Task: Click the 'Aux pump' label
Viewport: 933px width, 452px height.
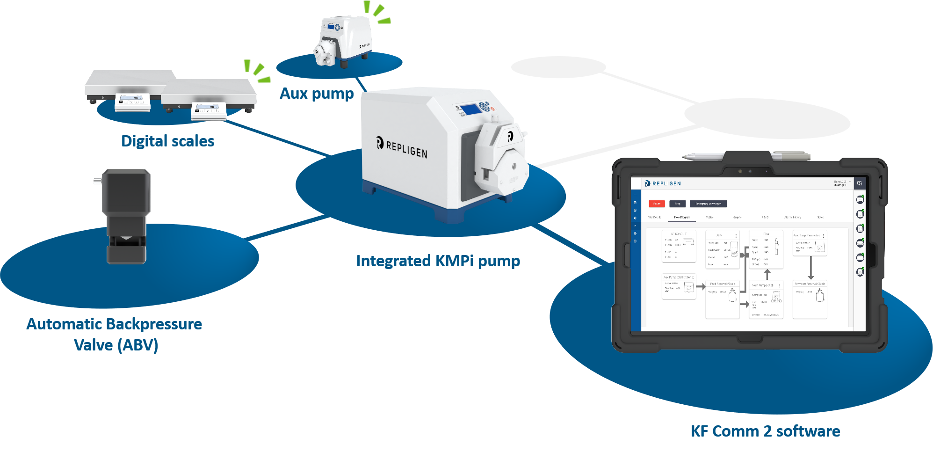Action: pos(317,94)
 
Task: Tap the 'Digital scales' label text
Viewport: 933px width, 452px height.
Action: pos(167,141)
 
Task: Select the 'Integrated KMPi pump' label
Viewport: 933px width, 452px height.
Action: pos(438,261)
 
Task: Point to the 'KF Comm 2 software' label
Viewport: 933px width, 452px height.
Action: pos(765,431)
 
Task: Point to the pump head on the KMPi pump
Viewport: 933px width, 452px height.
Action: pos(500,159)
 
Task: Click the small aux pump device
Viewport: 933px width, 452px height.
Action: pos(341,40)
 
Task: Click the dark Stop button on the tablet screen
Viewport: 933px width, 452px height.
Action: pos(678,204)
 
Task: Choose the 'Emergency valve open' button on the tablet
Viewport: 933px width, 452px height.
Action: pos(708,204)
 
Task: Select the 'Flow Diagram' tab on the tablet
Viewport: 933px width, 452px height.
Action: pos(682,218)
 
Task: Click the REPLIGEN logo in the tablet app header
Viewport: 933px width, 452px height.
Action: pos(663,183)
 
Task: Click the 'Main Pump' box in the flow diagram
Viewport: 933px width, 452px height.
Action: pos(766,299)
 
